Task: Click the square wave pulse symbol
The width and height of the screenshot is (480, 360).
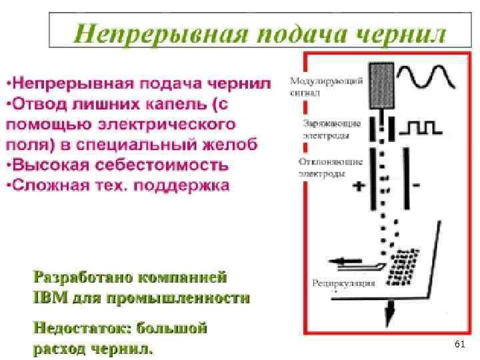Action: click(427, 126)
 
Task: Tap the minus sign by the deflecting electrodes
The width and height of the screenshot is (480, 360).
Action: click(416, 186)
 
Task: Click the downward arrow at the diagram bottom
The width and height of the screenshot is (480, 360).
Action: click(389, 309)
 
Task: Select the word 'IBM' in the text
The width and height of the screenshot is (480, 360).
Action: click(48, 297)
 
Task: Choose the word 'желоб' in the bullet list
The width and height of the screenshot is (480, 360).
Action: click(227, 144)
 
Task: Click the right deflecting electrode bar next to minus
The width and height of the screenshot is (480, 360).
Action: click(405, 179)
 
